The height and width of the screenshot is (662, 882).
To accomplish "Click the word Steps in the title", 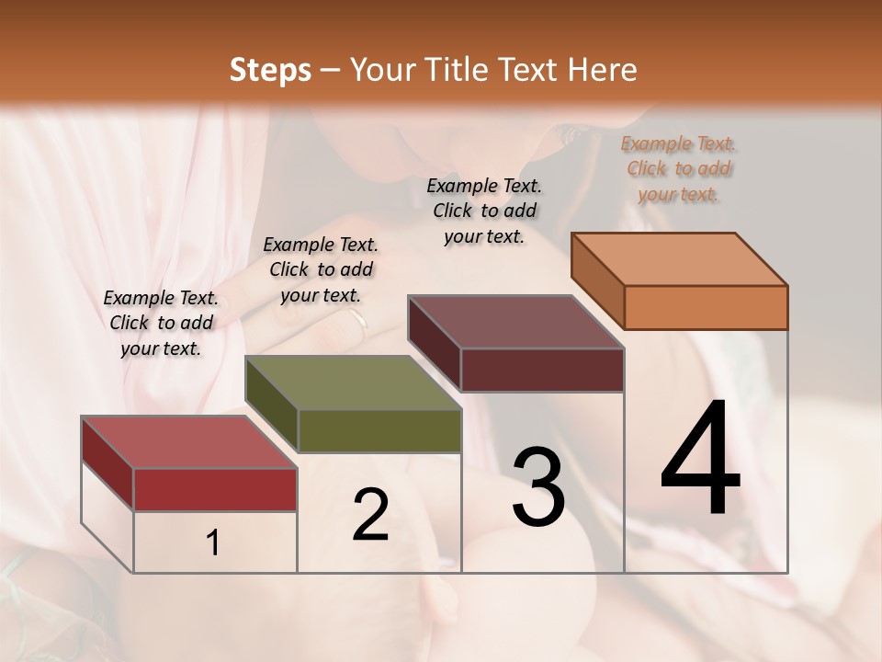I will tap(270, 70).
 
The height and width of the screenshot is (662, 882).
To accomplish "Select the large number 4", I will tap(700, 460).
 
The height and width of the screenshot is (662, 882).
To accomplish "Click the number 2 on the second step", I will tap(370, 515).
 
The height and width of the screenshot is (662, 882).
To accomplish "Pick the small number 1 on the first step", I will tap(213, 543).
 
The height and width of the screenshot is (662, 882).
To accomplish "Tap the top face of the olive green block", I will tap(353, 382).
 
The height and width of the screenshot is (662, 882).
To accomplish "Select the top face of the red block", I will tap(189, 442).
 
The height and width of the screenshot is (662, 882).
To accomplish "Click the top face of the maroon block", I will tap(516, 322).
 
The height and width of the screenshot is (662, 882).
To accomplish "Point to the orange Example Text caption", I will tap(678, 168).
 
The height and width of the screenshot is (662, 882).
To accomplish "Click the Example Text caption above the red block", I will tap(161, 323).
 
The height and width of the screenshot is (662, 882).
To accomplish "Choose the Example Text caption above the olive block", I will tap(321, 269).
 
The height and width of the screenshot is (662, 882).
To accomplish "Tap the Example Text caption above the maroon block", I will tap(484, 211).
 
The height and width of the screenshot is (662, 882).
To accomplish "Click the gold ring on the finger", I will tap(356, 319).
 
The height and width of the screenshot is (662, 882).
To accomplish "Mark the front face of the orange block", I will tap(706, 307).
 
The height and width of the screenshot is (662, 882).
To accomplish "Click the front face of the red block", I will tap(215, 489).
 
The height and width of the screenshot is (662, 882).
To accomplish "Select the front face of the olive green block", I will tap(379, 430).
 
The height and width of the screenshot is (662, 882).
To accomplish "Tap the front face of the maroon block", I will tap(542, 370).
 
